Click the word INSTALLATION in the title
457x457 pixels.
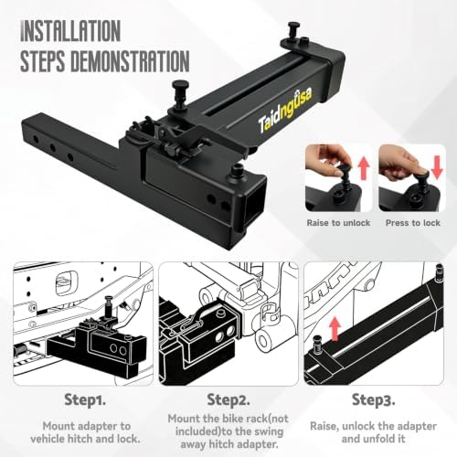pyautogui.click(x=70, y=30)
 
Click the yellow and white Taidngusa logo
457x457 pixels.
pyautogui.click(x=285, y=111)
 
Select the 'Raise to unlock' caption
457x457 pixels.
pyautogui.click(x=338, y=223)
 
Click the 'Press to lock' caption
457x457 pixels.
pyautogui.click(x=413, y=223)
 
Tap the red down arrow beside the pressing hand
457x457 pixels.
pyautogui.click(x=437, y=167)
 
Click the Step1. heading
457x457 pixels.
pyautogui.click(x=85, y=399)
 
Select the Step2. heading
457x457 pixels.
pyautogui.click(x=228, y=399)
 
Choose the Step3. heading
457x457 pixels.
pyautogui.click(x=374, y=399)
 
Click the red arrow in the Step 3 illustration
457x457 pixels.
pyautogui.click(x=335, y=329)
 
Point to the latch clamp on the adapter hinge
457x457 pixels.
pyautogui.click(x=171, y=139)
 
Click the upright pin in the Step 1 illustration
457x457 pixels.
pyautogui.click(x=110, y=307)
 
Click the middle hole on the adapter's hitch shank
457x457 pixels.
pyautogui.click(x=52, y=148)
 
